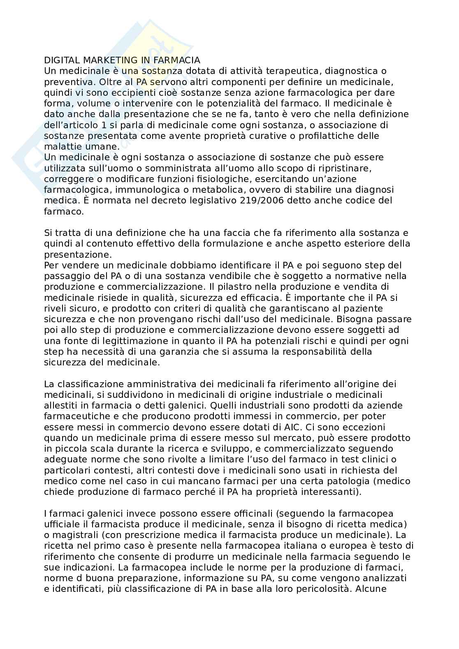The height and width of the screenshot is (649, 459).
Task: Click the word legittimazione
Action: pos(115,341)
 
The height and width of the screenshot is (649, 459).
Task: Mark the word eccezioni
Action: pos(376,427)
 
